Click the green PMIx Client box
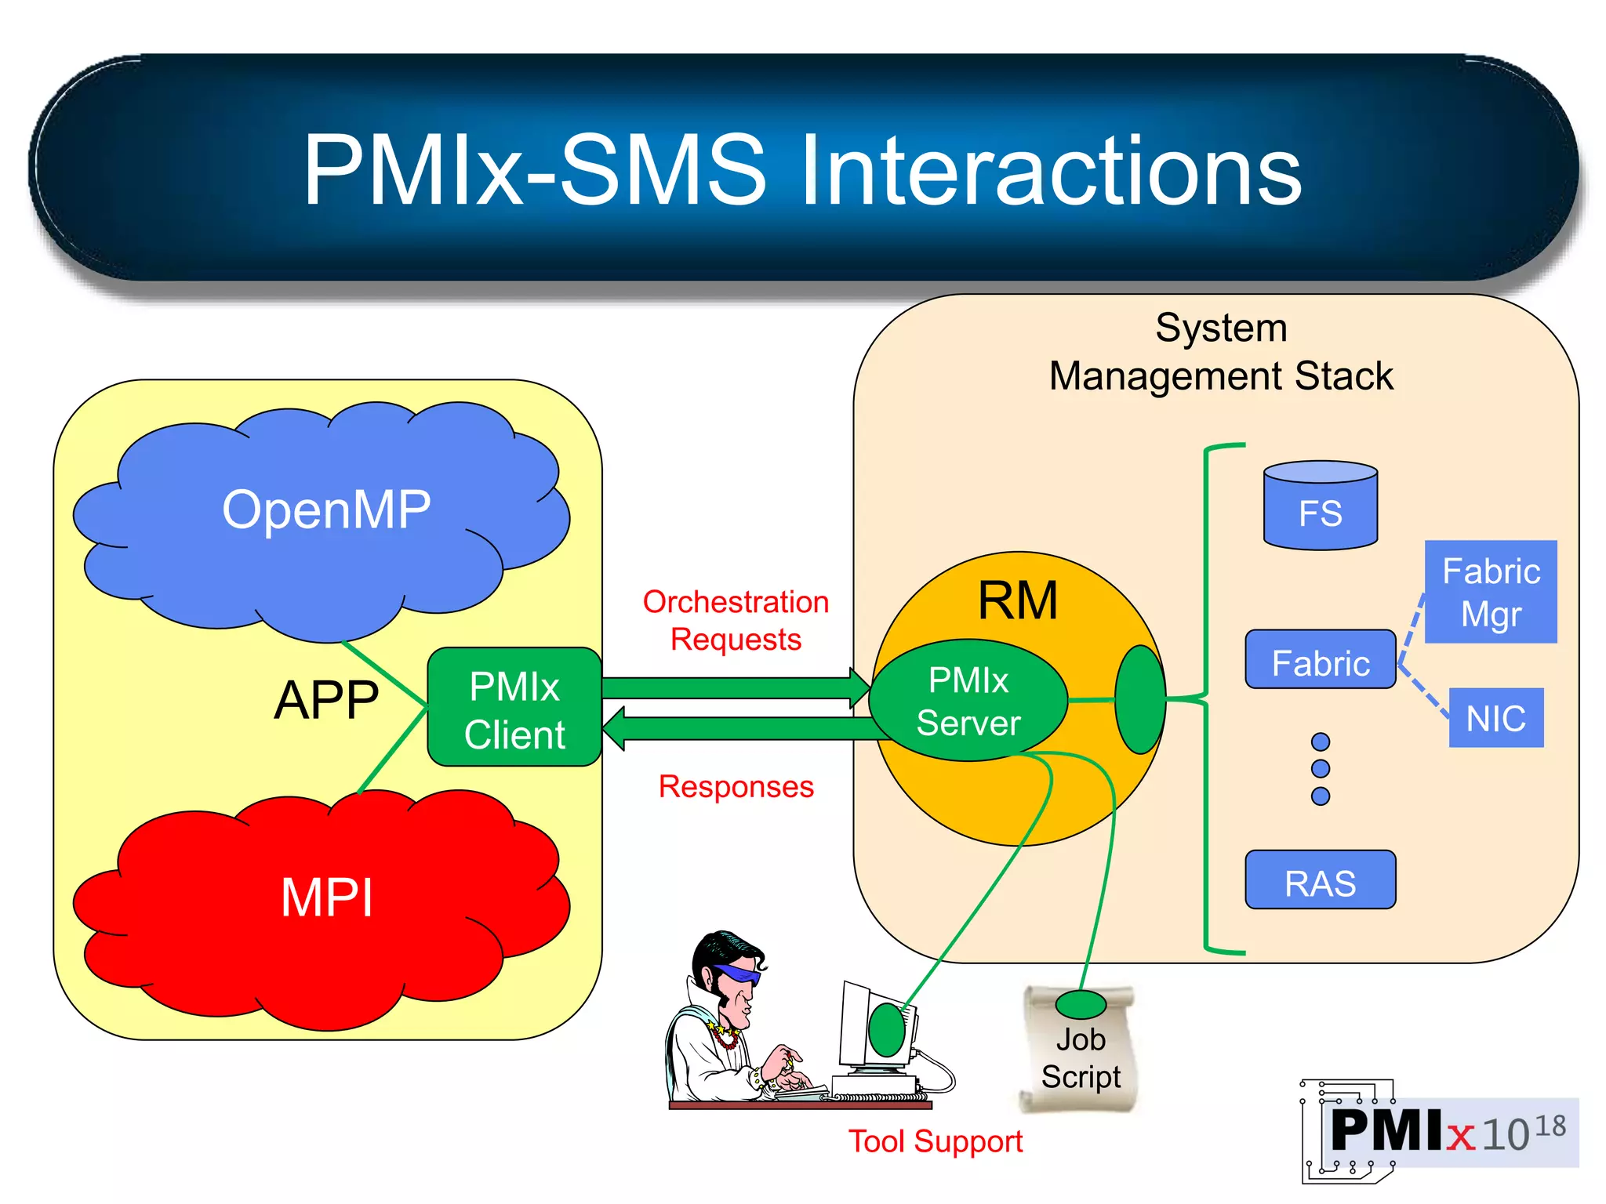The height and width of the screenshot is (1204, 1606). [x=514, y=708]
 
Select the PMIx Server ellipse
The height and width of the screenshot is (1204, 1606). [x=968, y=701]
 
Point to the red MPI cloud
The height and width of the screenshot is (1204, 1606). [x=325, y=898]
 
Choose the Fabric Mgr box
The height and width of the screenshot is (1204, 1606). [x=1491, y=593]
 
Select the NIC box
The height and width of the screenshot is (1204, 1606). [x=1495, y=718]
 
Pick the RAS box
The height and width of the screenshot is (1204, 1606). [x=1321, y=881]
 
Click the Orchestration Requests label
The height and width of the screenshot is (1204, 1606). [x=736, y=620]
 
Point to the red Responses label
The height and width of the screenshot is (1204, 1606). [x=736, y=786]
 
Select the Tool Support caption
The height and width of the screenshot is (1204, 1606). [x=936, y=1141]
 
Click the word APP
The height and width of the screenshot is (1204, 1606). [x=327, y=699]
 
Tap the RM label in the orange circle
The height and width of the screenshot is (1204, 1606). [x=1017, y=601]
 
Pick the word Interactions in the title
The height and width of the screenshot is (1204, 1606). [x=1050, y=171]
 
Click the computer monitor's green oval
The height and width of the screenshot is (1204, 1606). [x=887, y=1029]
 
